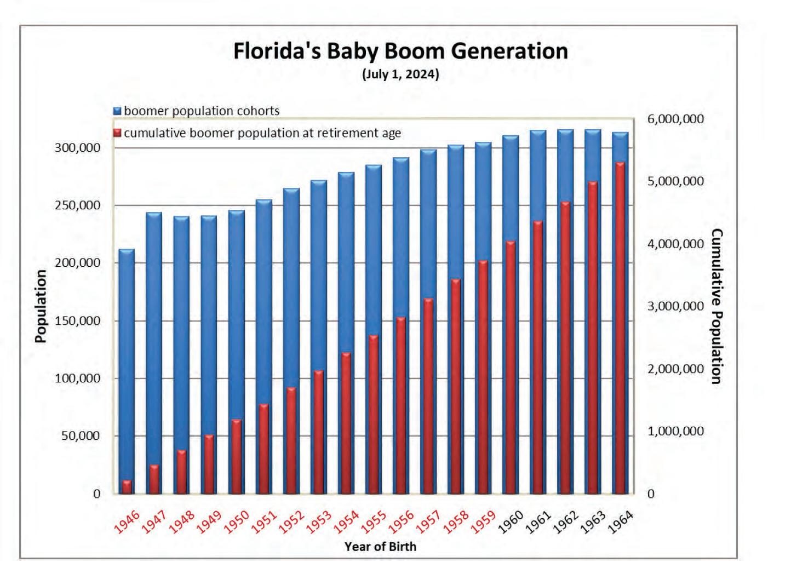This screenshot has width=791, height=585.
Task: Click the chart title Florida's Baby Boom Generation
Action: click(400, 51)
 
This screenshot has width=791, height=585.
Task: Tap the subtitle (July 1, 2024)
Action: click(400, 74)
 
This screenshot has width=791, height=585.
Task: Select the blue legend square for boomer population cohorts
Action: click(117, 111)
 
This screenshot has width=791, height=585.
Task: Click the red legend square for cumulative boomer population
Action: click(117, 133)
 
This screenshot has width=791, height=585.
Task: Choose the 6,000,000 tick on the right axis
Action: click(675, 119)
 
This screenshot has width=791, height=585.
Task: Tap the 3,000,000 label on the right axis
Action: click(675, 306)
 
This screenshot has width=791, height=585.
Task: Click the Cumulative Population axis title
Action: click(716, 306)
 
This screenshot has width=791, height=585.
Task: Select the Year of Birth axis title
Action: click(380, 546)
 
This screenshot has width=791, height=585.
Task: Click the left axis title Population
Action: click(40, 306)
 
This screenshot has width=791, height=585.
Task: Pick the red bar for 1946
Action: click(127, 487)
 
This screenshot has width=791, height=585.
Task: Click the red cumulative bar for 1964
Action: click(620, 329)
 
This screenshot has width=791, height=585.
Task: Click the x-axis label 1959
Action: click(484, 522)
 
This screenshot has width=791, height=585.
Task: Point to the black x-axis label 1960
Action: click(512, 522)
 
